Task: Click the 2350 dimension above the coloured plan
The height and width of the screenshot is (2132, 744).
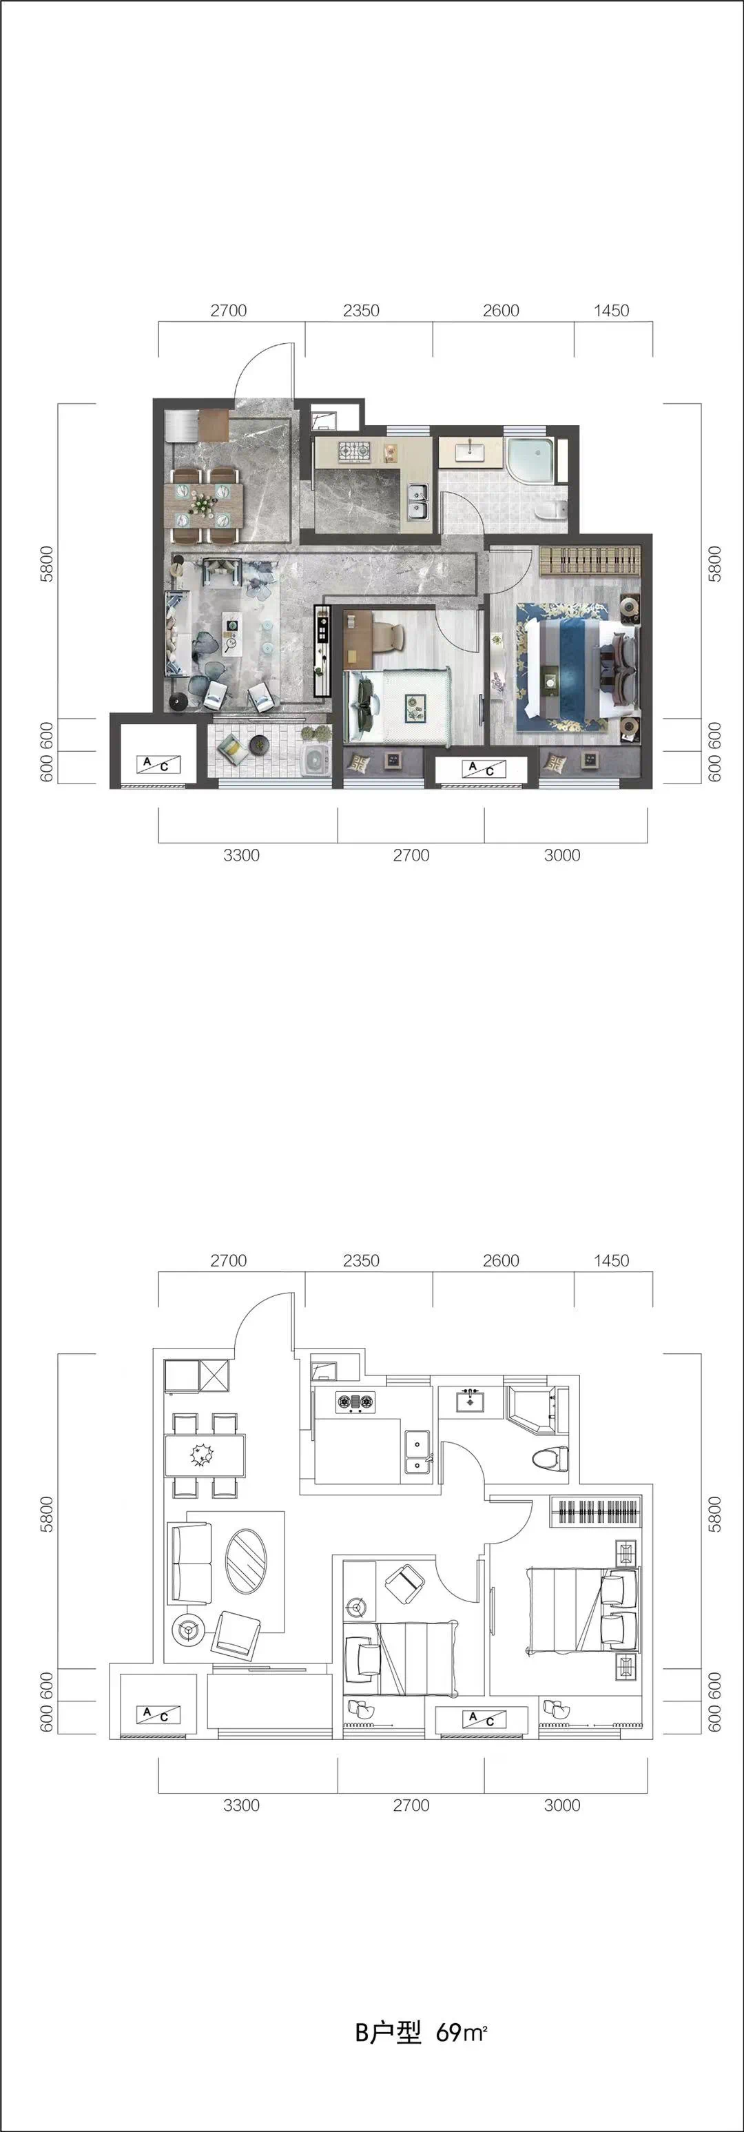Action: point(361,310)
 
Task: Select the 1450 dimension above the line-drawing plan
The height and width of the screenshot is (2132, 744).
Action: point(612,1260)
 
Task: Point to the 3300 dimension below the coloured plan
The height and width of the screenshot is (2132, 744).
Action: point(241,855)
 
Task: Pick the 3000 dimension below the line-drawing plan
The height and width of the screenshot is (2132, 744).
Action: point(562,1805)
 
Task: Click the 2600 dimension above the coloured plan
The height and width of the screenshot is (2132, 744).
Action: point(502,310)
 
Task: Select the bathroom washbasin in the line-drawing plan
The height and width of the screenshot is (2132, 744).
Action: point(469,1402)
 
